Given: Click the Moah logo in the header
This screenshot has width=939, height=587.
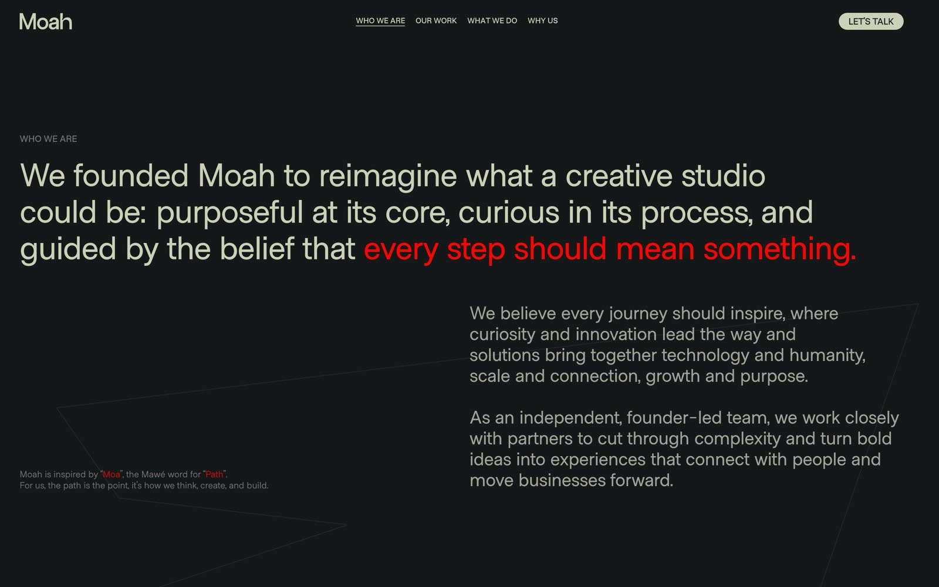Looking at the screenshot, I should pos(46,22).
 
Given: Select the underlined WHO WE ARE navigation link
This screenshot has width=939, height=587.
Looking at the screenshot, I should pos(380,21).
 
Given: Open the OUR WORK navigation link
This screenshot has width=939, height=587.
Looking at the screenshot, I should pos(436,21).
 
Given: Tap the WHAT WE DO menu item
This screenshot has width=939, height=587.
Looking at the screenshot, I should pos(492,21).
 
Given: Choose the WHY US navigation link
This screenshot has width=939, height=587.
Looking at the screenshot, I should pos(542,21).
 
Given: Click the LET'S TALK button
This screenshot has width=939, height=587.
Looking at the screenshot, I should pos(871,21).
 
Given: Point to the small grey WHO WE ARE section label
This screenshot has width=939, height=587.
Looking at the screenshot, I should pos(48,139).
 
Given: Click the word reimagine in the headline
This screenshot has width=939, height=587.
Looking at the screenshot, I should pos(387,176).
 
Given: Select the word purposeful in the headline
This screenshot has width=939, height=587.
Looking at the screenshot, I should pos(229,212).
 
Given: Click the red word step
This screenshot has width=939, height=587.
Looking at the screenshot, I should pos(475,249).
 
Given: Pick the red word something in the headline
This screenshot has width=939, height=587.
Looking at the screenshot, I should pos(779,249).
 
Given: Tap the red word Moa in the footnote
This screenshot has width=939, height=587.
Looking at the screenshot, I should pos(112,474).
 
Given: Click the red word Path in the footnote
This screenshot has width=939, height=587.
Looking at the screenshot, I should pos(214,474).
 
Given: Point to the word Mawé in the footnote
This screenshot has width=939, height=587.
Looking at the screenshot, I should pos(153,474).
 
